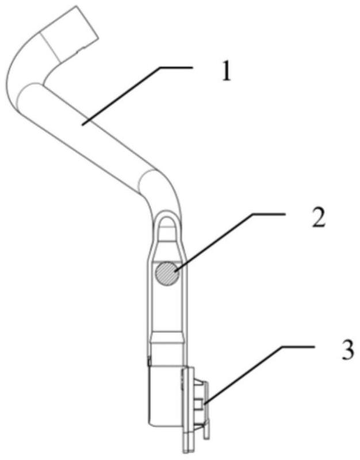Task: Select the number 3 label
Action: pos(347,350)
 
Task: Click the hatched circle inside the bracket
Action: pos(167,272)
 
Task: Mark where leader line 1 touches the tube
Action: pos(82,122)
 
